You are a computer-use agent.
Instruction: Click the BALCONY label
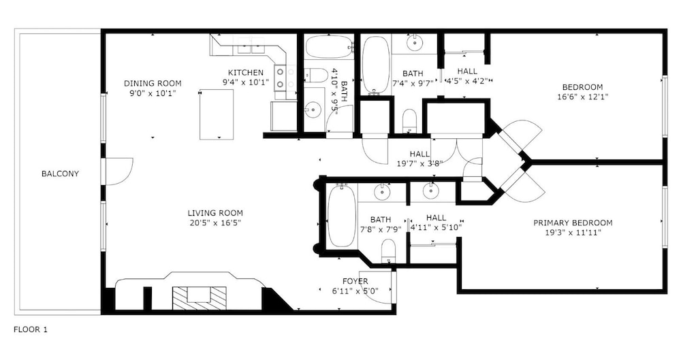tap(60, 174)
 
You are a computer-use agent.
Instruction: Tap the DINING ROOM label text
tap(153, 84)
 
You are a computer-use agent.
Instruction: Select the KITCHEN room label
tap(245, 73)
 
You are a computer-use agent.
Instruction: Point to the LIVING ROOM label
tap(215, 213)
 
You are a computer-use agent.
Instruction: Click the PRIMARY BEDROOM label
tap(573, 223)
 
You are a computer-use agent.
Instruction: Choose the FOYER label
tap(355, 281)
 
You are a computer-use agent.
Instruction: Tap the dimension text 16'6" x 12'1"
tap(582, 97)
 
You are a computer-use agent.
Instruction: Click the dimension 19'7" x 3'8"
tap(419, 164)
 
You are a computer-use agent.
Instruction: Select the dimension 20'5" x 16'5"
tap(215, 223)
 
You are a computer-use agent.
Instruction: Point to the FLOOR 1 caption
tap(31, 329)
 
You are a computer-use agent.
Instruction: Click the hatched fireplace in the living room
tap(200, 298)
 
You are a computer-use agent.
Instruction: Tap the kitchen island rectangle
tap(217, 115)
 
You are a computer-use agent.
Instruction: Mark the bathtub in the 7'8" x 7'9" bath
tap(341, 216)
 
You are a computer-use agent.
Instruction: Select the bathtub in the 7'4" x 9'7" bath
tap(375, 64)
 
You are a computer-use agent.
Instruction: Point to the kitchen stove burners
tap(280, 78)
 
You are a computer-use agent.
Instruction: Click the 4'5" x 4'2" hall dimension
tap(467, 81)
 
